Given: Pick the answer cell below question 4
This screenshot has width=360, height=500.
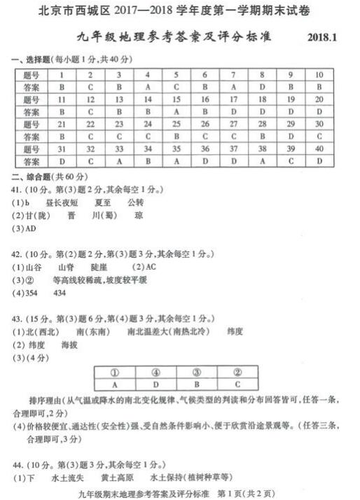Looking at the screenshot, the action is [147, 87].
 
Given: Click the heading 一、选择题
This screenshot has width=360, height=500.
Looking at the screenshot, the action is [35, 62].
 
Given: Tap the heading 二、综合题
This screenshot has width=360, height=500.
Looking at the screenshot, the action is [35, 176].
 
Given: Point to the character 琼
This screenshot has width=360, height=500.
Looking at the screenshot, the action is [139, 215].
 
